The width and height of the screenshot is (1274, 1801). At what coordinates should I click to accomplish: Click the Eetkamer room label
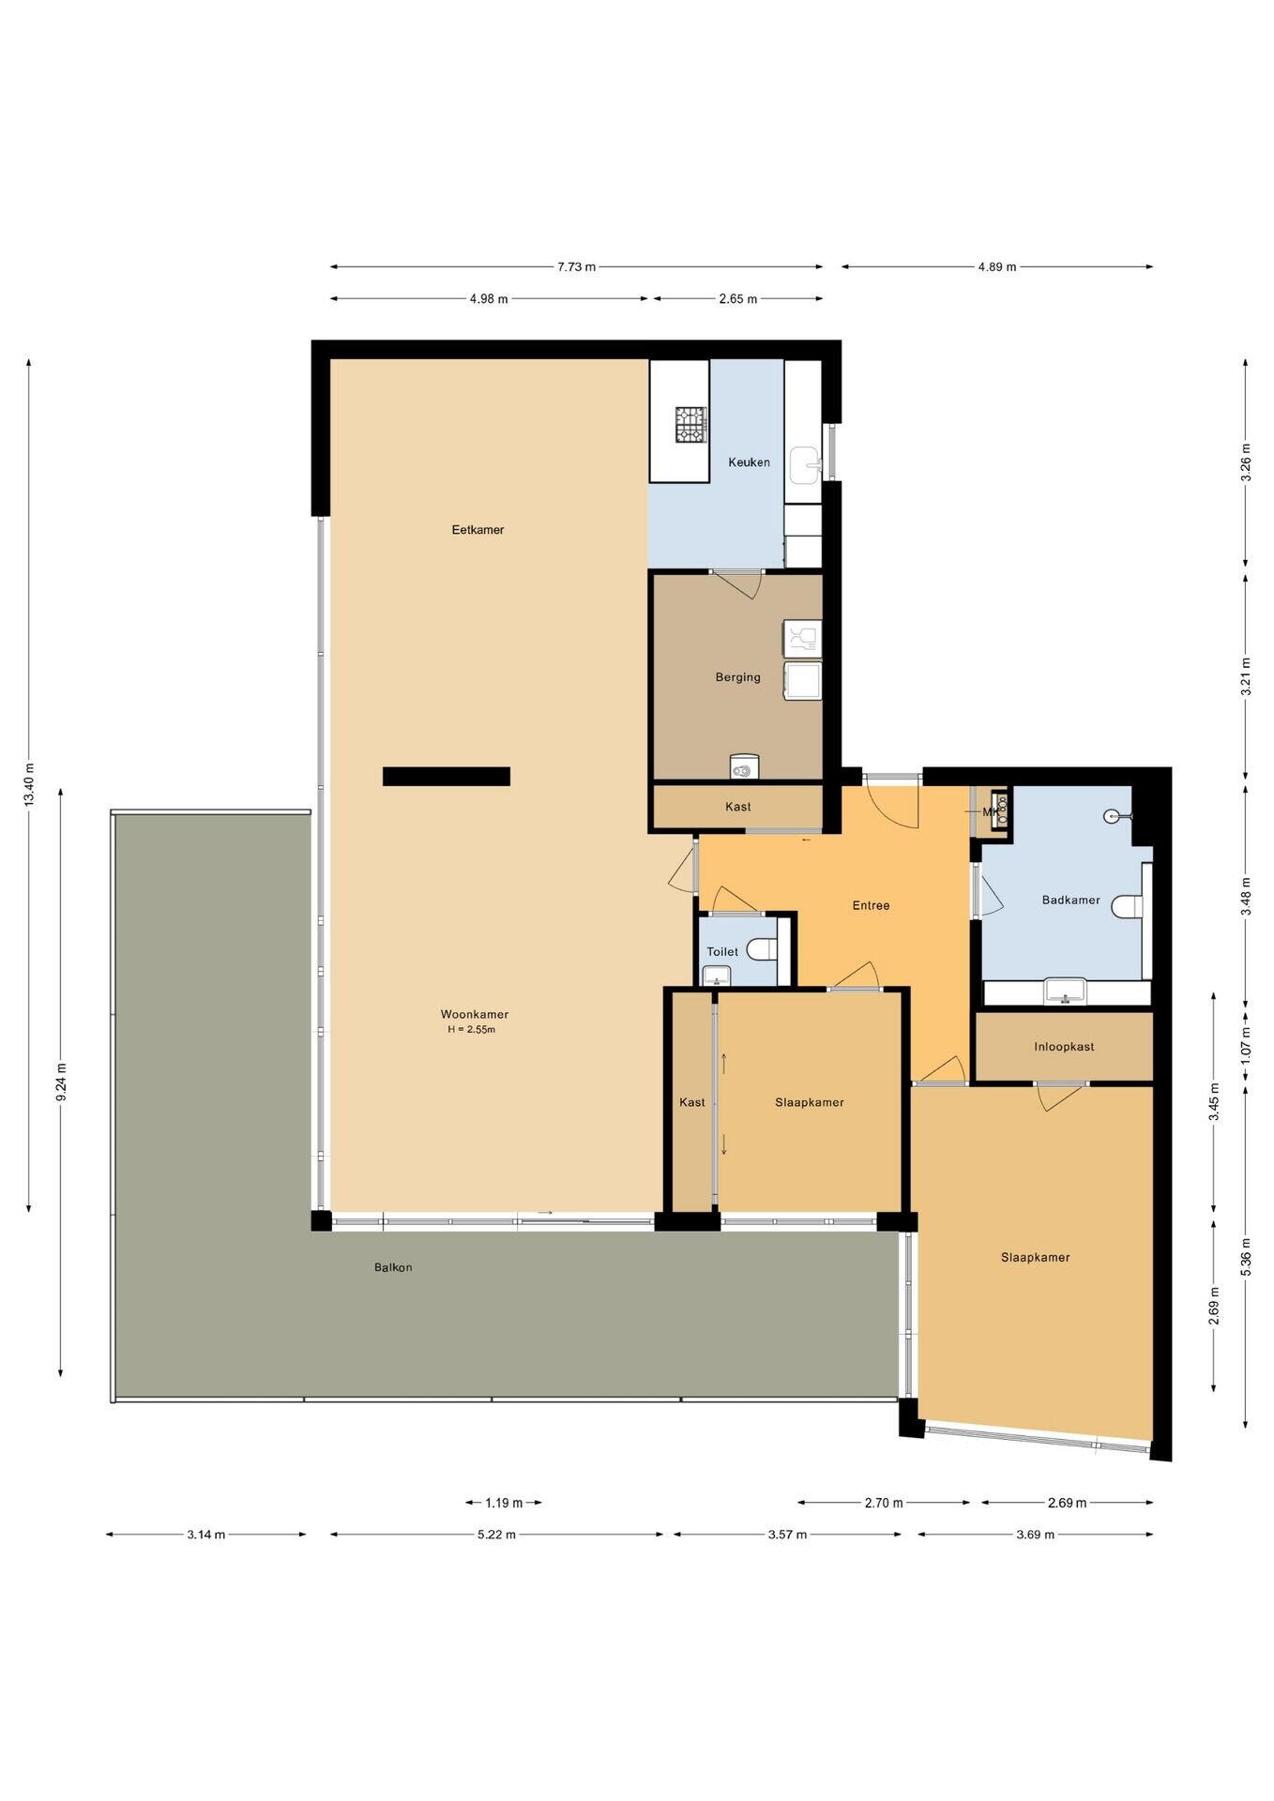pos(478,530)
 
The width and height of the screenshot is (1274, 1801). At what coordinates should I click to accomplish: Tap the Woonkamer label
pos(475,1014)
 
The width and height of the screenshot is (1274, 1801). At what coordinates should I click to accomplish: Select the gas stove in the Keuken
pos(690,424)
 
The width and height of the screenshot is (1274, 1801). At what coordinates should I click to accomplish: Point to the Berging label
pos(737,677)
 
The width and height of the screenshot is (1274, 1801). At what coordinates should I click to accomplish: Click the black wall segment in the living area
pos(447,776)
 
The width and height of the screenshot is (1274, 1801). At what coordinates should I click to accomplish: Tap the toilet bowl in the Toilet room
pos(762,950)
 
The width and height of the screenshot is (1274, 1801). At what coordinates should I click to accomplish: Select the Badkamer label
pos(1070,900)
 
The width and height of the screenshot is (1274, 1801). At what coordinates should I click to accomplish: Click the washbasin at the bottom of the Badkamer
pos(1065,991)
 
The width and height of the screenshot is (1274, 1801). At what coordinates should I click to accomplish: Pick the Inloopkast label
pos(1064,1047)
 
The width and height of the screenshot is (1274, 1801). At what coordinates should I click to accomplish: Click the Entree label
pos(871,905)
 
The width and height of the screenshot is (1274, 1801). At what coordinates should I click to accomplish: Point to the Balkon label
pos(393,1267)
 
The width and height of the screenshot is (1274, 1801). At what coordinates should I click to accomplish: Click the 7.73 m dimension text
pos(576,266)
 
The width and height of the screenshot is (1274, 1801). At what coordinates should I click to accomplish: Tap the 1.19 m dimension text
pos(504,1503)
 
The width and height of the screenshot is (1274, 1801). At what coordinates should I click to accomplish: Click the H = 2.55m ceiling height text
pos(471,1030)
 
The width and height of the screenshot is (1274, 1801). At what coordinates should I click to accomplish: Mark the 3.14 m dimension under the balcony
pos(205,1535)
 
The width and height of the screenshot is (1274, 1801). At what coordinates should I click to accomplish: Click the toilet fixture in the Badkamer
pos(1128,906)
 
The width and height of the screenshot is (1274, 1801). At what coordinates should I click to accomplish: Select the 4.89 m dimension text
pos(997,266)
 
